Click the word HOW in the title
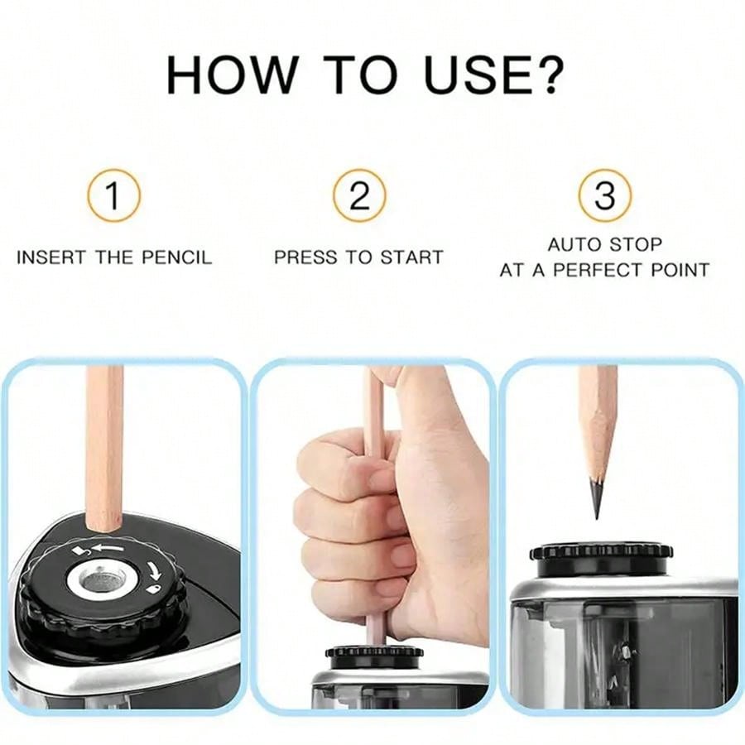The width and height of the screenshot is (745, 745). pos(231,75)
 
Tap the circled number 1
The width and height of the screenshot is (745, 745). pos(113,195)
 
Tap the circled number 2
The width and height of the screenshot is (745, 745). pos(359,195)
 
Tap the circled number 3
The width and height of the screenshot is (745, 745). pos(605,195)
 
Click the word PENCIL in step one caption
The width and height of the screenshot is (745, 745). pos(175,257)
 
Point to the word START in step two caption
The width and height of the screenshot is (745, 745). pos(411,257)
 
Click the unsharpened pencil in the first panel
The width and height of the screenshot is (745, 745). pos(104,447)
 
